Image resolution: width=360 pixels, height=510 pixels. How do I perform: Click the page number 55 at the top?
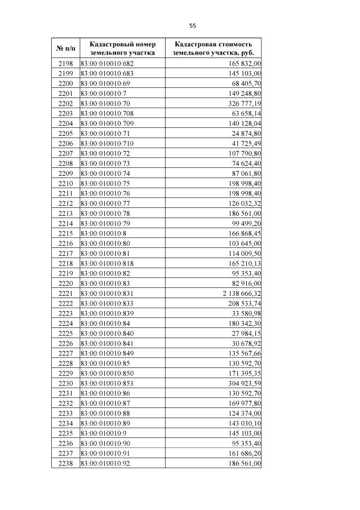pyautogui.click(x=193, y=26)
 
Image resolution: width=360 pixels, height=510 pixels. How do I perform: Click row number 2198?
pyautogui.click(x=66, y=64)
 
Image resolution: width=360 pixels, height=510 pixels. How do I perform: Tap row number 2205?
pyautogui.click(x=66, y=134)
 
